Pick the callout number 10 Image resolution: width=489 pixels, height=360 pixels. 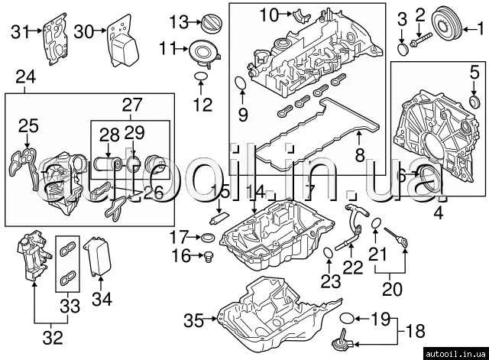click(x=270, y=15)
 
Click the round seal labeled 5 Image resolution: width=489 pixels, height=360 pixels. click(x=474, y=100)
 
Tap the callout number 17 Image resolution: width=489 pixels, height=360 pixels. click(x=178, y=235)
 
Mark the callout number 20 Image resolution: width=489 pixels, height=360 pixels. click(x=390, y=290)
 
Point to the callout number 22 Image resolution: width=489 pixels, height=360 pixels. click(x=352, y=267)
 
